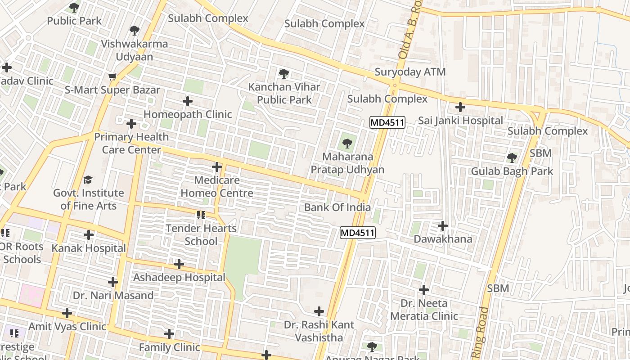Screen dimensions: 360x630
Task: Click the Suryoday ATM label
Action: click(x=410, y=72)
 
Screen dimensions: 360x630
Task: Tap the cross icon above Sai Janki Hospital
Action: click(x=460, y=107)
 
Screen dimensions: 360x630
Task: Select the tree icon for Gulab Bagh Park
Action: click(x=512, y=157)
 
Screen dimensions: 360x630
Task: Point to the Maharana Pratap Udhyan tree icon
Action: click(x=347, y=144)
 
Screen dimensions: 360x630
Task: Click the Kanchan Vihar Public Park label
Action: click(x=284, y=93)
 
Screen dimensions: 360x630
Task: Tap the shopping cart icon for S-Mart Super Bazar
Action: click(x=112, y=77)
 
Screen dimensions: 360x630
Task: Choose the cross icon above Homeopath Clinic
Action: click(x=187, y=101)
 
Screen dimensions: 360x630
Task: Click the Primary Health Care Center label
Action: click(x=131, y=143)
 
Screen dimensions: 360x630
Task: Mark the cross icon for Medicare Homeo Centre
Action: click(x=217, y=167)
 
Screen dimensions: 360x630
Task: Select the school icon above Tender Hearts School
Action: click(x=201, y=215)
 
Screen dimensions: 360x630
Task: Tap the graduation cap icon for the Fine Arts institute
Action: click(x=88, y=180)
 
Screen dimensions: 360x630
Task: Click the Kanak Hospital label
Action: click(x=89, y=248)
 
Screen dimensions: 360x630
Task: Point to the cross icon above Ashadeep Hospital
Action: click(x=179, y=264)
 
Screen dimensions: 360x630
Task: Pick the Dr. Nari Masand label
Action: click(x=113, y=296)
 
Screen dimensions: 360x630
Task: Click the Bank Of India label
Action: click(x=337, y=207)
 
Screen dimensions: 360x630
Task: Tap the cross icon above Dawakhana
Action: click(x=443, y=225)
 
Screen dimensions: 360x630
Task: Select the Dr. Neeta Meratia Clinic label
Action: click(x=424, y=310)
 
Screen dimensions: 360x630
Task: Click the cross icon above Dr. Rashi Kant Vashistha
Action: click(x=319, y=311)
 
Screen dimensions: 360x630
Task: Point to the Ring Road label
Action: click(x=480, y=333)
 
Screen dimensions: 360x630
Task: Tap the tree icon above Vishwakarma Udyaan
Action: click(x=134, y=31)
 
